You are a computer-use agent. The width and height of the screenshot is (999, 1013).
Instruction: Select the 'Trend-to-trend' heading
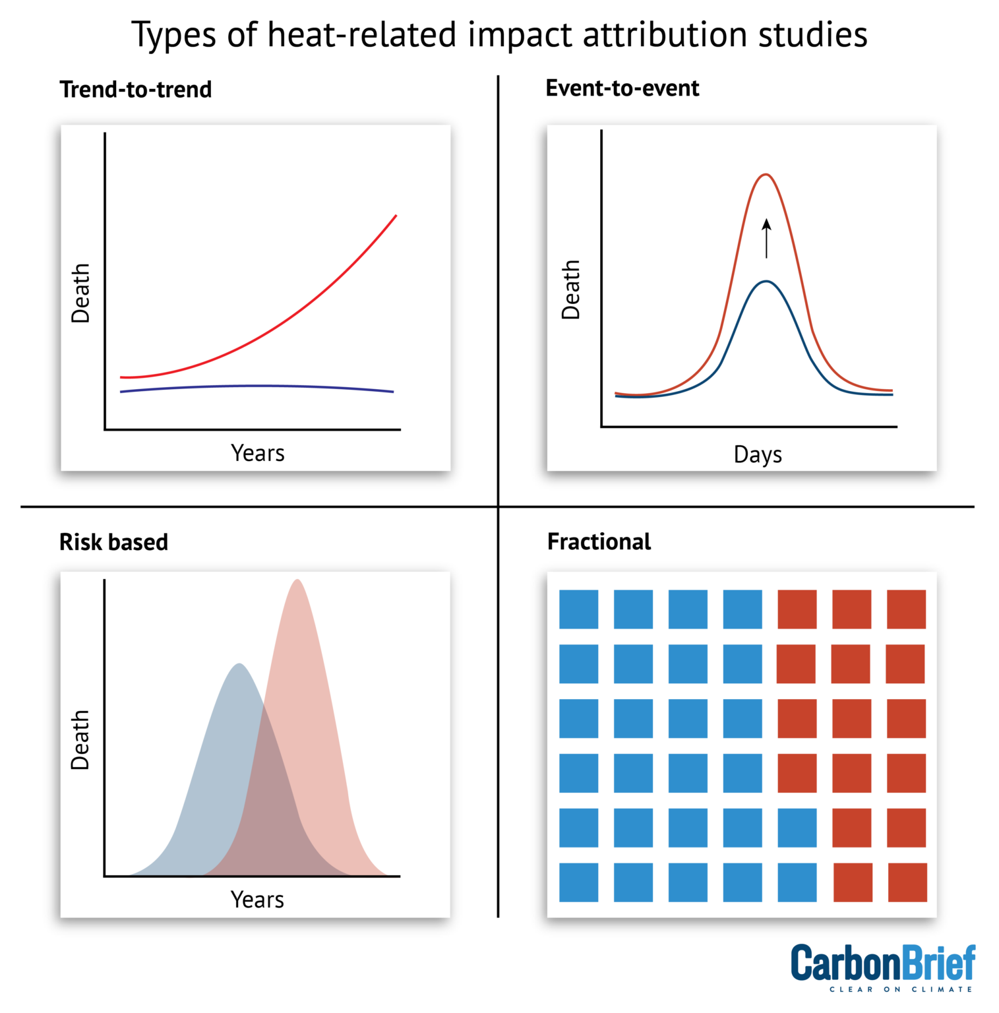[136, 90]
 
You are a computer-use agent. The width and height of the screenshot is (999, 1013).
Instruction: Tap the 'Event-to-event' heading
[622, 88]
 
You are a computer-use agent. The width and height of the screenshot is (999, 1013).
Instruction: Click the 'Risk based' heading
[113, 542]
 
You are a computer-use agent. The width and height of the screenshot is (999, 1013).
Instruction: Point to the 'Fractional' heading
[599, 541]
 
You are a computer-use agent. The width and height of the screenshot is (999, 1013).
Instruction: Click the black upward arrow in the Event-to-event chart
[766, 239]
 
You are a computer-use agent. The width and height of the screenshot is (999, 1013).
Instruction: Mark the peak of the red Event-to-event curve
[766, 175]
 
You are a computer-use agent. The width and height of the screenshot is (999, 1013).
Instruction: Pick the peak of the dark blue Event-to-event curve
[766, 282]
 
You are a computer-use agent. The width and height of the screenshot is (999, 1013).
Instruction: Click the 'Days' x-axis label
[758, 454]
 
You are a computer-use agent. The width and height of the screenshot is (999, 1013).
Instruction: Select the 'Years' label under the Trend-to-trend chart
[258, 453]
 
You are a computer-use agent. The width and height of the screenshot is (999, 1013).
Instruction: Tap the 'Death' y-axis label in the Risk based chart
[80, 740]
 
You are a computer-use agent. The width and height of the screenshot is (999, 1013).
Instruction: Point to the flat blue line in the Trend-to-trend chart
[257, 386]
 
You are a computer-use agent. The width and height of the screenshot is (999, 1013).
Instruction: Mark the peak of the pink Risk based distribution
[298, 581]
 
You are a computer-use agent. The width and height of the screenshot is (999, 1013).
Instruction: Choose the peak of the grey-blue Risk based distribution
[239, 665]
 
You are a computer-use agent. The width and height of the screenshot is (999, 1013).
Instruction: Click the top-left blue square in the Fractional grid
[578, 609]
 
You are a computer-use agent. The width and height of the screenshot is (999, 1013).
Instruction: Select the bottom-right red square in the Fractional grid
[907, 882]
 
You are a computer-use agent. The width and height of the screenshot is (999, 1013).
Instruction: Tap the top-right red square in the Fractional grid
[906, 609]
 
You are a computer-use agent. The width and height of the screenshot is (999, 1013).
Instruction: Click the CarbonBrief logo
[882, 963]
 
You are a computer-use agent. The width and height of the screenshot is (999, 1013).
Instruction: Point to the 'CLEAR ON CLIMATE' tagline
[901, 989]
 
